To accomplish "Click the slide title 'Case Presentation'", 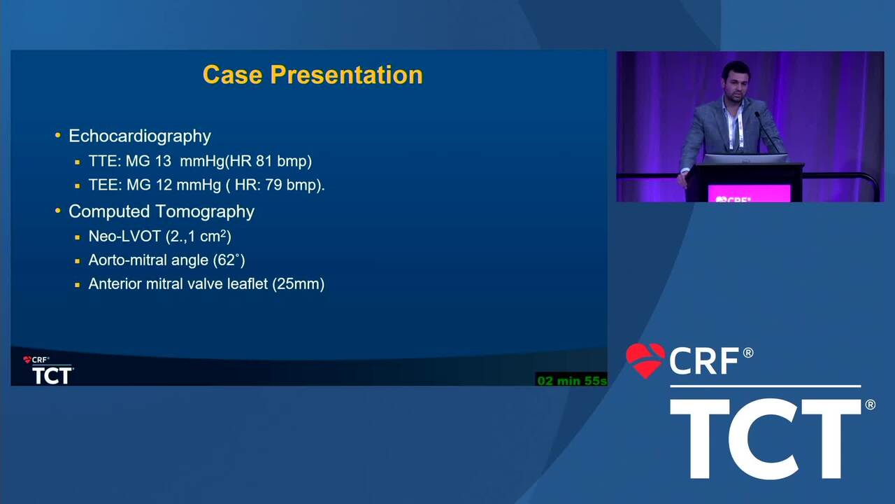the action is pyautogui.click(x=313, y=75).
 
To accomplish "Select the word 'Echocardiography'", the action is pyautogui.click(x=140, y=136).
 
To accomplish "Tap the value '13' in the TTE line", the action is pyautogui.click(x=163, y=161).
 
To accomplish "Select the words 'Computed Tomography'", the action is pyautogui.click(x=162, y=211).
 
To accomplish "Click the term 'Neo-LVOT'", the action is pyautogui.click(x=124, y=237).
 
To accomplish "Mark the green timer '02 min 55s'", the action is pyautogui.click(x=572, y=380).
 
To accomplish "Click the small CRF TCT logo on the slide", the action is pyautogui.click(x=48, y=370).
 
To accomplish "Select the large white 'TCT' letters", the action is pyautogui.click(x=766, y=439).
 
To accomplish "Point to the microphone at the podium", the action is pyautogui.click(x=766, y=132).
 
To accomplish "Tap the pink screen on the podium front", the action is pyautogui.click(x=749, y=193).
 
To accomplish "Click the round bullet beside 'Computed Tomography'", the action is pyautogui.click(x=58, y=211).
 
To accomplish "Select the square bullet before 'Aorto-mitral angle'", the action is pyautogui.click(x=78, y=261).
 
